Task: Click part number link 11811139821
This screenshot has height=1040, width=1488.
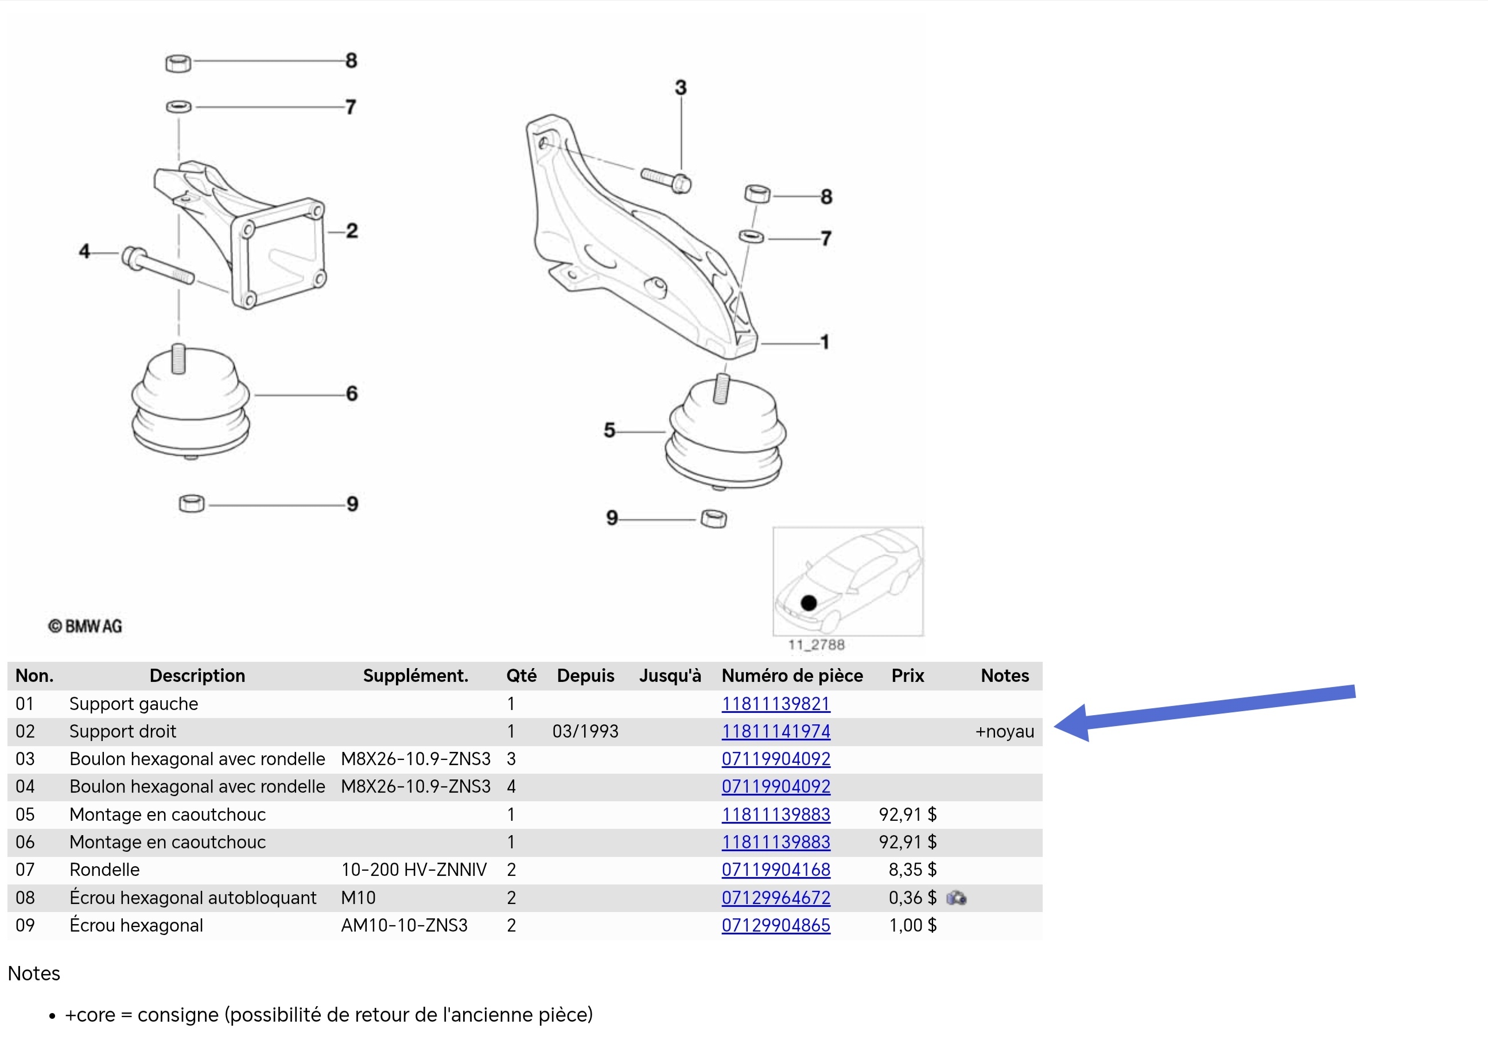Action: (776, 704)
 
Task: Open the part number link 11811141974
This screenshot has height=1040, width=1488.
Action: (776, 731)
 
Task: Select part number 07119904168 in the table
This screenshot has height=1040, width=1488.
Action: (776, 870)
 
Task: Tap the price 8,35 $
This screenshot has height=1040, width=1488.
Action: (912, 870)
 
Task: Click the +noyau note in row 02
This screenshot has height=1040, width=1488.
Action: (1005, 731)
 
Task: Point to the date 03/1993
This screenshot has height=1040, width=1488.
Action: (585, 731)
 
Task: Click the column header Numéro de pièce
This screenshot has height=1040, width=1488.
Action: (792, 676)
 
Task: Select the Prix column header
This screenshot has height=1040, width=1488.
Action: (907, 676)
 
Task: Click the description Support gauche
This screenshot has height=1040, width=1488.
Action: (134, 704)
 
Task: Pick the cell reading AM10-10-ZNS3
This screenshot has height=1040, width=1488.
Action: (405, 925)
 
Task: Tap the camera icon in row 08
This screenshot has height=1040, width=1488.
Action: (957, 898)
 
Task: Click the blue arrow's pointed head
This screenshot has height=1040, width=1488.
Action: (1056, 725)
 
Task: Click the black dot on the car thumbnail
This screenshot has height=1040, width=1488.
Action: (809, 603)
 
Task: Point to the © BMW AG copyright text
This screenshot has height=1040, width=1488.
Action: (85, 626)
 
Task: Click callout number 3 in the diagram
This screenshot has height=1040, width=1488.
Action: (681, 88)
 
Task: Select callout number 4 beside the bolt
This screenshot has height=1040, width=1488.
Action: (84, 251)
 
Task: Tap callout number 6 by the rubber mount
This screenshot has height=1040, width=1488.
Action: (352, 394)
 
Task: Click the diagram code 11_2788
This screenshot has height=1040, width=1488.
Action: (817, 645)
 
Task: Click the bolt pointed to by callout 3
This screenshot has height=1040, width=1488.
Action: (666, 180)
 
